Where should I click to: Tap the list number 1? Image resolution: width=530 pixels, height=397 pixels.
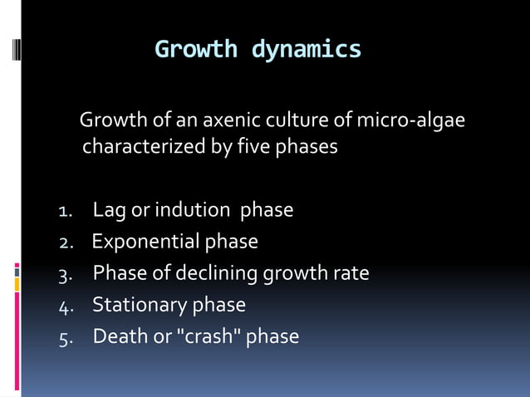(66, 211)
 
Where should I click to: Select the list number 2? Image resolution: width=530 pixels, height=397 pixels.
(66, 243)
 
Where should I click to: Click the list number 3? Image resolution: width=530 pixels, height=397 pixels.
(66, 274)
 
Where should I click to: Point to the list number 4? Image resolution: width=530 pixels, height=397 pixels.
(66, 306)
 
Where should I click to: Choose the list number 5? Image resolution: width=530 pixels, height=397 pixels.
(66, 337)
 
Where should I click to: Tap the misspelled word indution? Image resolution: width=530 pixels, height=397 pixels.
(199, 210)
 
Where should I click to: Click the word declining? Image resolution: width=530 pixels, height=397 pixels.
(219, 273)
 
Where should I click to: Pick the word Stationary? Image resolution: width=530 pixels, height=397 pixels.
(140, 305)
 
